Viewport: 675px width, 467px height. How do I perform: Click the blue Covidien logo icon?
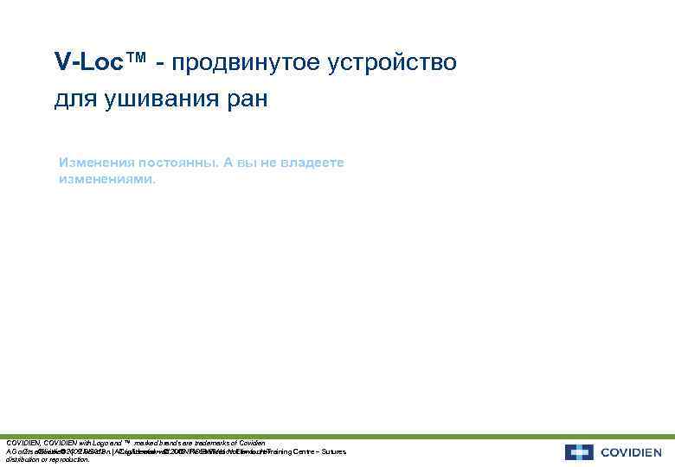pyautogui.click(x=578, y=452)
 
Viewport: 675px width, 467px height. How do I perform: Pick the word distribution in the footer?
pyautogui.click(x=23, y=460)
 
